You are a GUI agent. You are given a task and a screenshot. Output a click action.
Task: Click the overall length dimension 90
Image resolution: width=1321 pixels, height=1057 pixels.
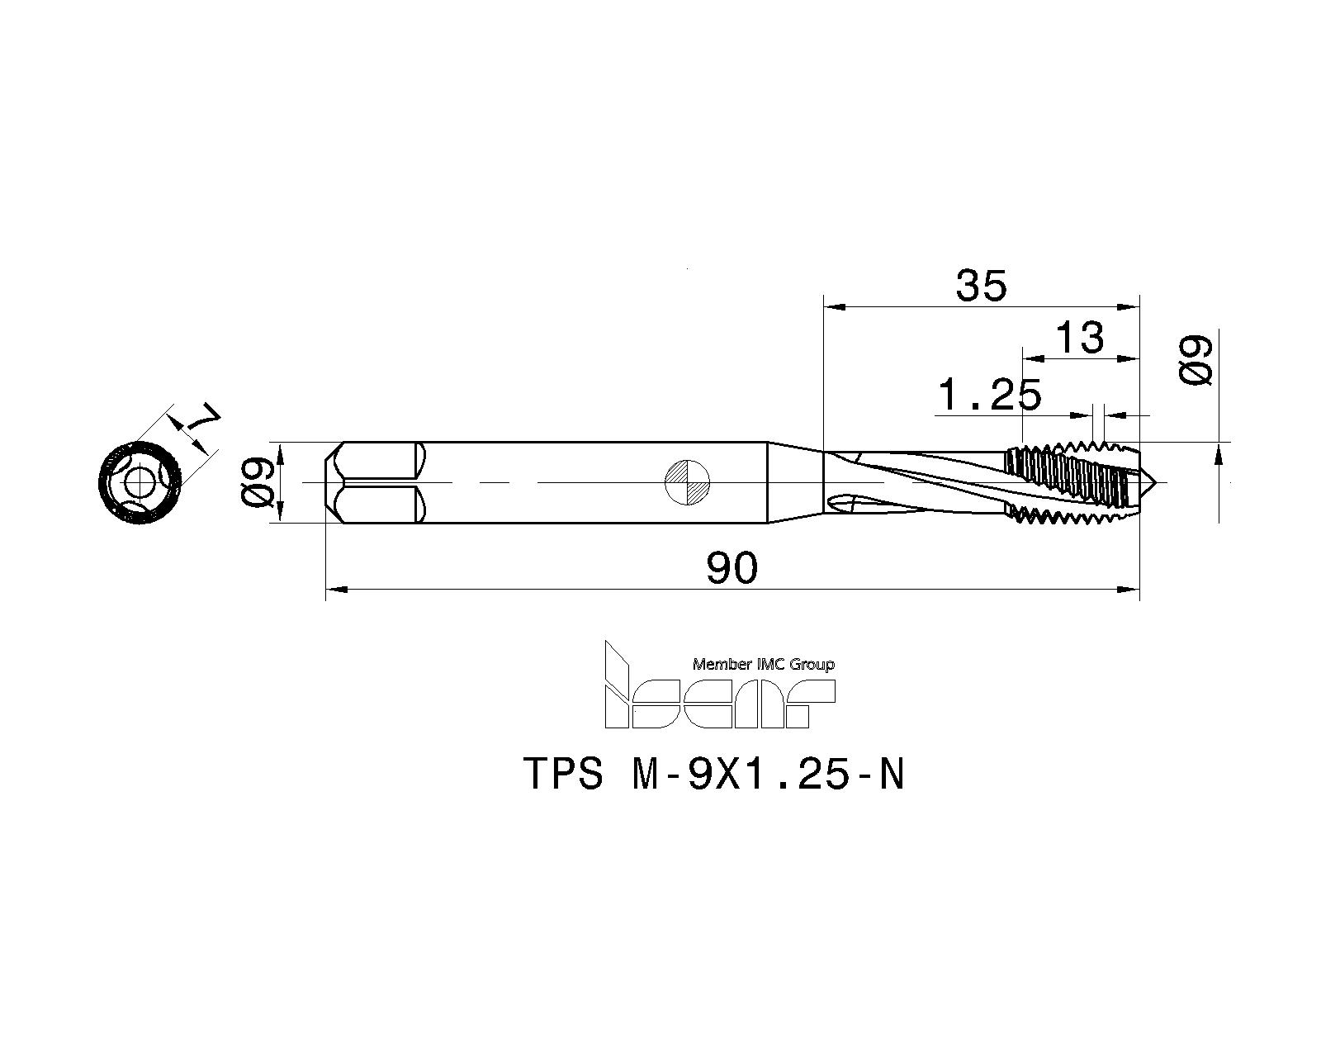(x=732, y=569)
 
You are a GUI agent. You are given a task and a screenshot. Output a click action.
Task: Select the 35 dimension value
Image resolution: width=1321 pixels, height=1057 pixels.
(x=982, y=287)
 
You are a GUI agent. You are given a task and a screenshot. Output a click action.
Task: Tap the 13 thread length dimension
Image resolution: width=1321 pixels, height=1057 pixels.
(x=1080, y=338)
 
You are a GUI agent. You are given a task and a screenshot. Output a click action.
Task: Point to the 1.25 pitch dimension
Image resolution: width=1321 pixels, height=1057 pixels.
(x=990, y=396)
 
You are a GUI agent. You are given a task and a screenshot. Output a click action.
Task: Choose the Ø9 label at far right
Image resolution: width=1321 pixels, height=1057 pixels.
(x=1196, y=359)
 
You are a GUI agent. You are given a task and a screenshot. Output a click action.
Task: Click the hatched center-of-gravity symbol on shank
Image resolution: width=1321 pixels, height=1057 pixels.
(x=688, y=481)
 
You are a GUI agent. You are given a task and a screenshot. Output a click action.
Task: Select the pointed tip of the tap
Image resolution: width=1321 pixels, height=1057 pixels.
(x=1154, y=481)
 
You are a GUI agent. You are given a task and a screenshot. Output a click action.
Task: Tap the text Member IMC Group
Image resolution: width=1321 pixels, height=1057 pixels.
(x=763, y=664)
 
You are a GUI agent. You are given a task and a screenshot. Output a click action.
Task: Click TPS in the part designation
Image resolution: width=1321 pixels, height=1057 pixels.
(x=564, y=775)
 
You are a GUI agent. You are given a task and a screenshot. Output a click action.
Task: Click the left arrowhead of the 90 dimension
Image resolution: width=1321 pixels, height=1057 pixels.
(x=335, y=590)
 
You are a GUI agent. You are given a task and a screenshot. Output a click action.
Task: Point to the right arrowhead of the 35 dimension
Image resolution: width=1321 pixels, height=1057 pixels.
(x=1129, y=307)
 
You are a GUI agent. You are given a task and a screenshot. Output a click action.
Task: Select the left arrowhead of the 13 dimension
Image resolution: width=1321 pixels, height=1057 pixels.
(x=1033, y=359)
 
